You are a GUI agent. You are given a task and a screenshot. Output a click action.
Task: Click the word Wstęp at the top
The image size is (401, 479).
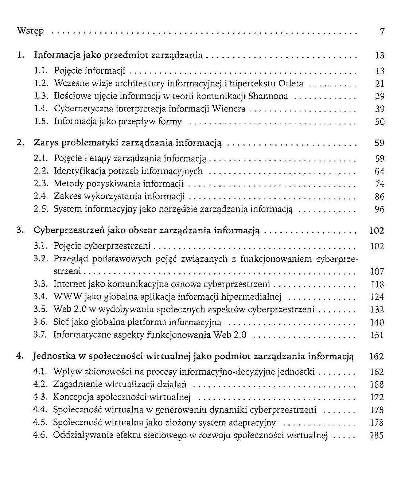[30, 31]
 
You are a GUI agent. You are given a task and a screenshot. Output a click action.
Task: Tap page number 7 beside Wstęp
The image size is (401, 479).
[382, 31]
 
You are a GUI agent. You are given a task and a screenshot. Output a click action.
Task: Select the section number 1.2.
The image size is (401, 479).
[41, 83]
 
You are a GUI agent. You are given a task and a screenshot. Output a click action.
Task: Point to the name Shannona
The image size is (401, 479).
[268, 96]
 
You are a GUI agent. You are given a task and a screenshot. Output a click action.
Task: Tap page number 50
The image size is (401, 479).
[380, 122]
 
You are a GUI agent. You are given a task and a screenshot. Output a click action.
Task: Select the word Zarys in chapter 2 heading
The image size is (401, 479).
[46, 143]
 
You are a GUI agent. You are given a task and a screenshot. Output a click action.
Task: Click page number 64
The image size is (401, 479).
[379, 171]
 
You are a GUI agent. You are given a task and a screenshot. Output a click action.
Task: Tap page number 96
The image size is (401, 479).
[379, 209]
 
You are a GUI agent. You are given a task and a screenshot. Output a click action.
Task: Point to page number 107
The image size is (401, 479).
[377, 272]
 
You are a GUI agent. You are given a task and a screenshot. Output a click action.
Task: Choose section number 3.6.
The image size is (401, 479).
[40, 322]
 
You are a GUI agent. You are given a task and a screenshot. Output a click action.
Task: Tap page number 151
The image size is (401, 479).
[377, 335]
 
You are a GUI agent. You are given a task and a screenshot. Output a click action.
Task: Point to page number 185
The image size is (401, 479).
[377, 435]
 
